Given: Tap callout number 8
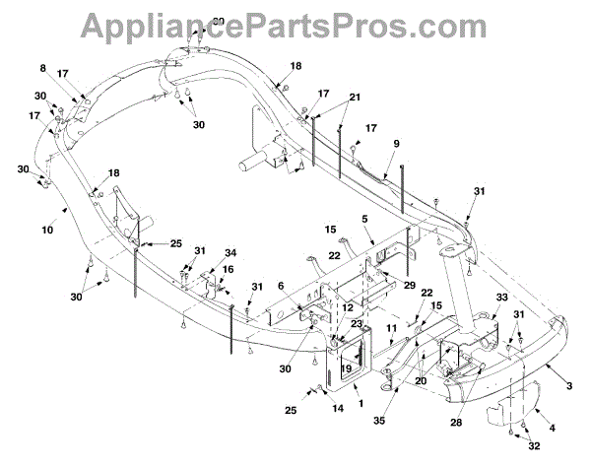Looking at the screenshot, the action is pos(43,68).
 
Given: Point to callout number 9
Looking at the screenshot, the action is pos(395,143).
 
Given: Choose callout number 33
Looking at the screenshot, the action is pos(501,295).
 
